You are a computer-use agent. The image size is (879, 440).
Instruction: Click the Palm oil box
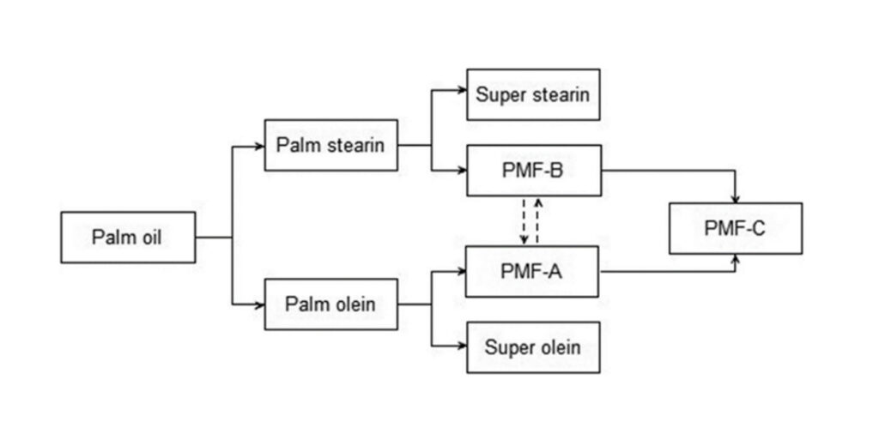point(128,237)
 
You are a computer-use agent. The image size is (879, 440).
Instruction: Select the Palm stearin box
point(330,145)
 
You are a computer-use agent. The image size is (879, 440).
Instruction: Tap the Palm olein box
point(330,304)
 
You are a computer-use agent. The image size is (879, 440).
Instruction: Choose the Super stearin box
point(533,94)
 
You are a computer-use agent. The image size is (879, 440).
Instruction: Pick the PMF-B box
point(533,170)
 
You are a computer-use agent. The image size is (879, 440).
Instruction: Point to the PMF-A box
point(532,271)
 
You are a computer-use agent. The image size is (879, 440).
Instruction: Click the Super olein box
point(533,347)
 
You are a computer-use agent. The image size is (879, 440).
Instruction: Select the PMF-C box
point(736,228)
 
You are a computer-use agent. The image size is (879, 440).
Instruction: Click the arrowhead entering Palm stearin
point(259,146)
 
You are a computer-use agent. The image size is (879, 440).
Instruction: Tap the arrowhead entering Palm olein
point(259,304)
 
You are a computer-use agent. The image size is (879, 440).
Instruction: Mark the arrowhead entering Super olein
point(462,347)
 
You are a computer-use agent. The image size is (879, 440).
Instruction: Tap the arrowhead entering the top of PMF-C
point(736,198)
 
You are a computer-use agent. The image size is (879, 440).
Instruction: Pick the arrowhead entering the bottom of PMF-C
point(736,258)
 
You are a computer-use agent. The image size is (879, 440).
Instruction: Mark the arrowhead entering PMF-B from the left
point(462,170)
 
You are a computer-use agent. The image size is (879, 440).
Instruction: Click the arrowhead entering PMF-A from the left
point(461,271)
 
